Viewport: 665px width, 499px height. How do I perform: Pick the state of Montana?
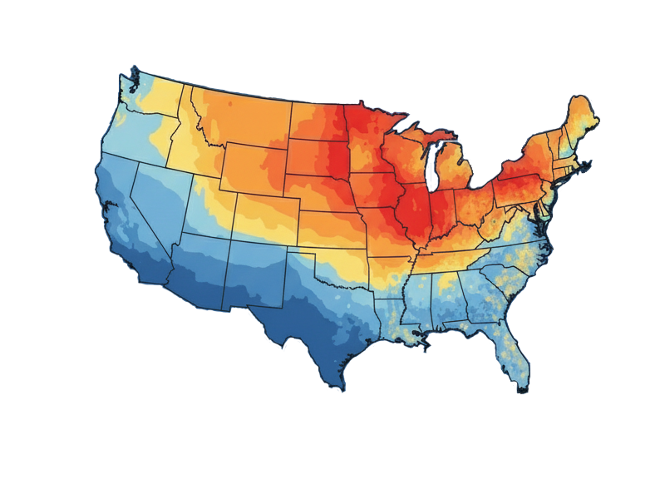(241, 116)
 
